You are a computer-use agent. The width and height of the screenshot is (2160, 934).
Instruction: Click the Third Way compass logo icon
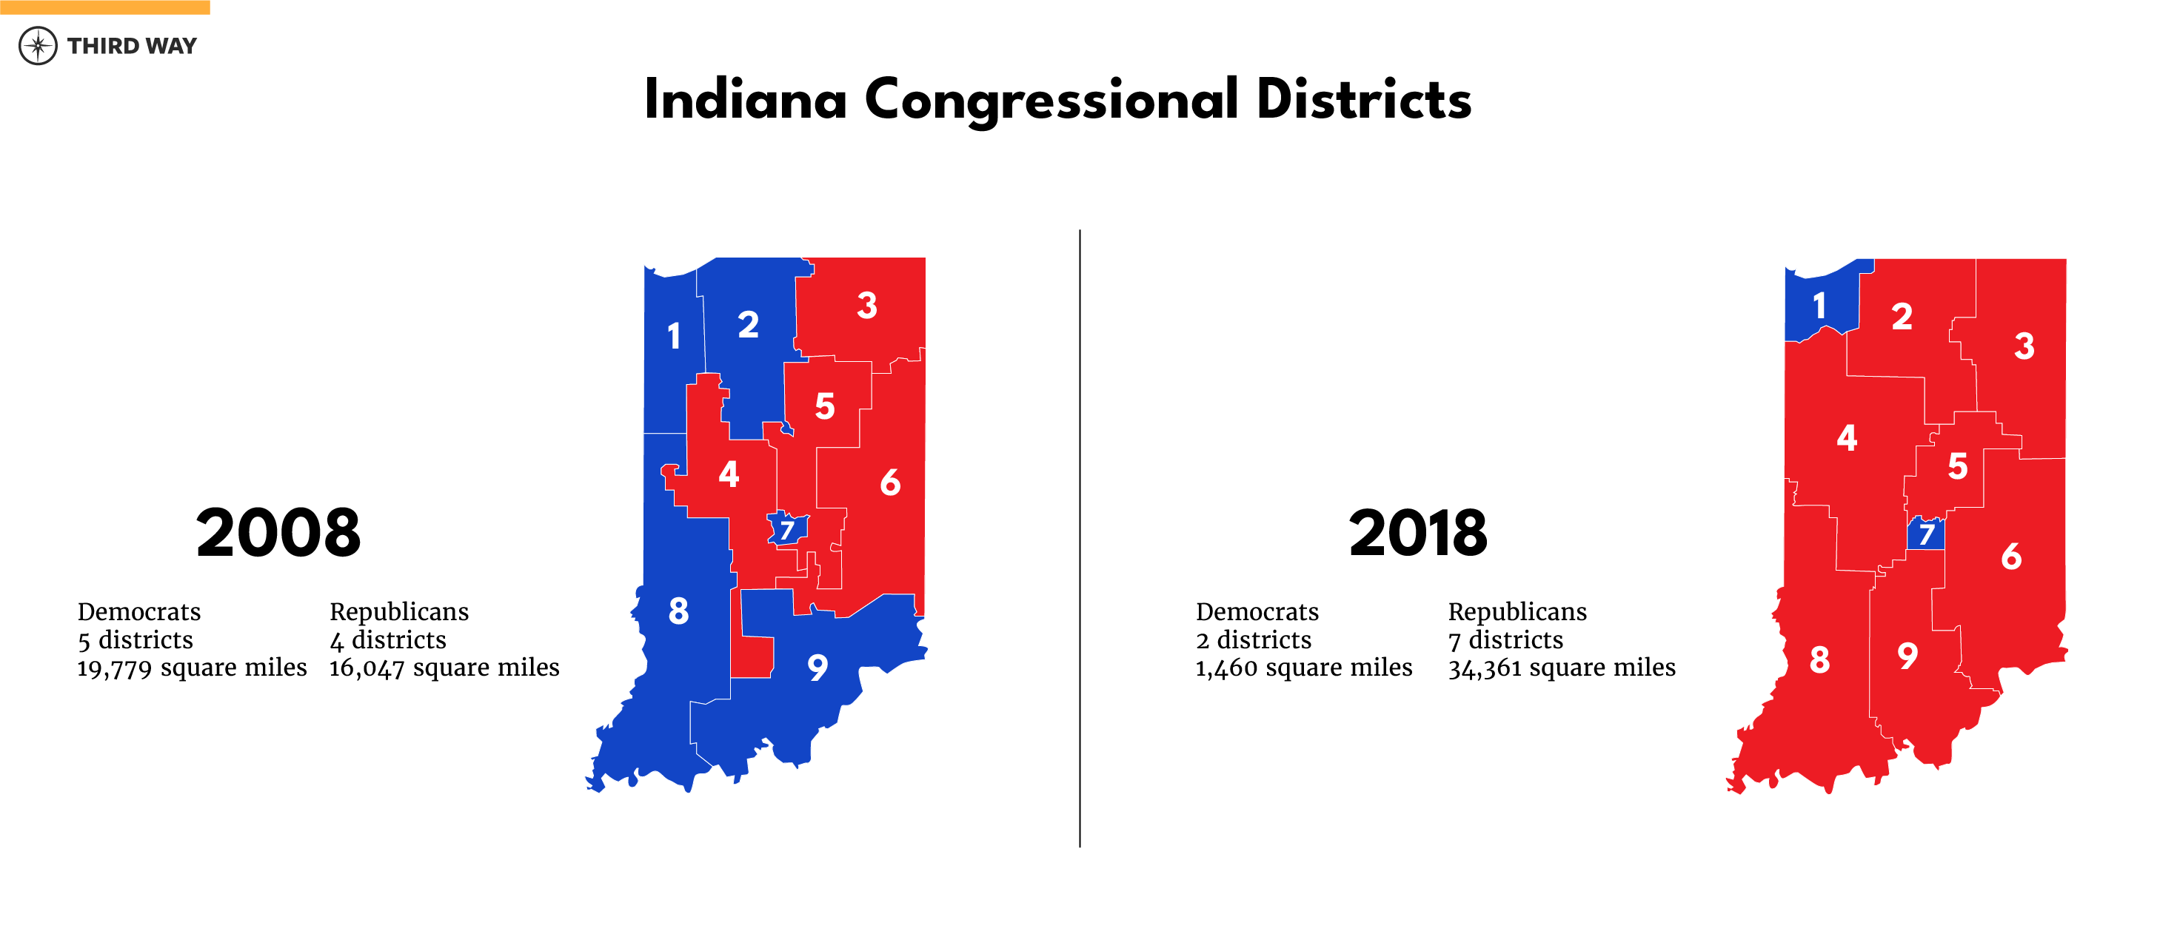coord(38,45)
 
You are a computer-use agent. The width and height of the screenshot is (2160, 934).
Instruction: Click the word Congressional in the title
coord(1051,101)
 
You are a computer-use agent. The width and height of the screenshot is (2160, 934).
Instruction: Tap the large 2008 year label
coord(278,533)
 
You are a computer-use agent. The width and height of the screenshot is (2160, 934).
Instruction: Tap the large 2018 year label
coord(1418,533)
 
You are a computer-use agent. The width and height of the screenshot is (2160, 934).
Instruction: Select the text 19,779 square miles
coord(192,668)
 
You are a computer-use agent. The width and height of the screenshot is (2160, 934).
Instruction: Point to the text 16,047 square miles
coord(444,668)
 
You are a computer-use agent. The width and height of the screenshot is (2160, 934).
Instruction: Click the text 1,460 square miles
coord(1304,668)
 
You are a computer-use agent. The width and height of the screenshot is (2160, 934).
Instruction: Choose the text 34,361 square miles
coord(1561,668)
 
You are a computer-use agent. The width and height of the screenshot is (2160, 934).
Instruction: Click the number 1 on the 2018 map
coord(1819,306)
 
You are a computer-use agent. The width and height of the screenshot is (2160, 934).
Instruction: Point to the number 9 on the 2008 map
coord(817,668)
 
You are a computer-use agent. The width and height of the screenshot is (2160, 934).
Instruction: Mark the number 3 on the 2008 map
coord(867,306)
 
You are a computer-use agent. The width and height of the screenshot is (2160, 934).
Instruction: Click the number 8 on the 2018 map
coord(1819,661)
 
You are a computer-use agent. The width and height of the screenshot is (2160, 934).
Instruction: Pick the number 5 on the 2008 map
coord(825,406)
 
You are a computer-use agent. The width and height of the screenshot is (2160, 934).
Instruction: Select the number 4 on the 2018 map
coord(1846,437)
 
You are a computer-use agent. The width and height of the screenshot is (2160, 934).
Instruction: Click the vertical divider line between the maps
coord(1080,537)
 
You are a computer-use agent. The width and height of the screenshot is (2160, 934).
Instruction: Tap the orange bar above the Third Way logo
coord(105,7)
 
